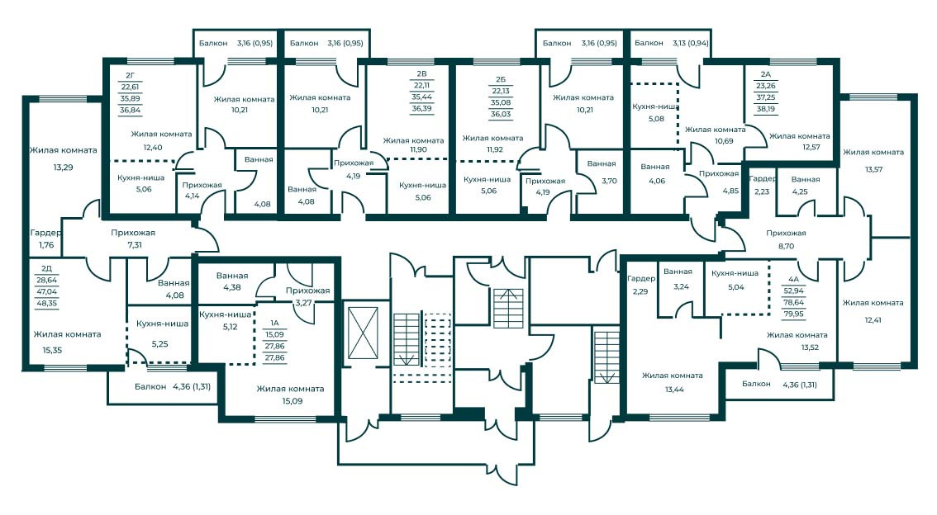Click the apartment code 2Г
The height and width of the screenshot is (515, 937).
pos(130,74)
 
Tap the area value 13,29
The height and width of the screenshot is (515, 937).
pos(50,168)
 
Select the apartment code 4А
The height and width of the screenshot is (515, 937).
pos(793,280)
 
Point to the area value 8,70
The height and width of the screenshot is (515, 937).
pos(785,246)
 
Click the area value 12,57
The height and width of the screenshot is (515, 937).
pos(799,149)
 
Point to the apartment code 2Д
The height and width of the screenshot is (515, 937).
pos(46,268)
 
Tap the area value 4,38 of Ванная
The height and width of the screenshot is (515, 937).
pos(232,287)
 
